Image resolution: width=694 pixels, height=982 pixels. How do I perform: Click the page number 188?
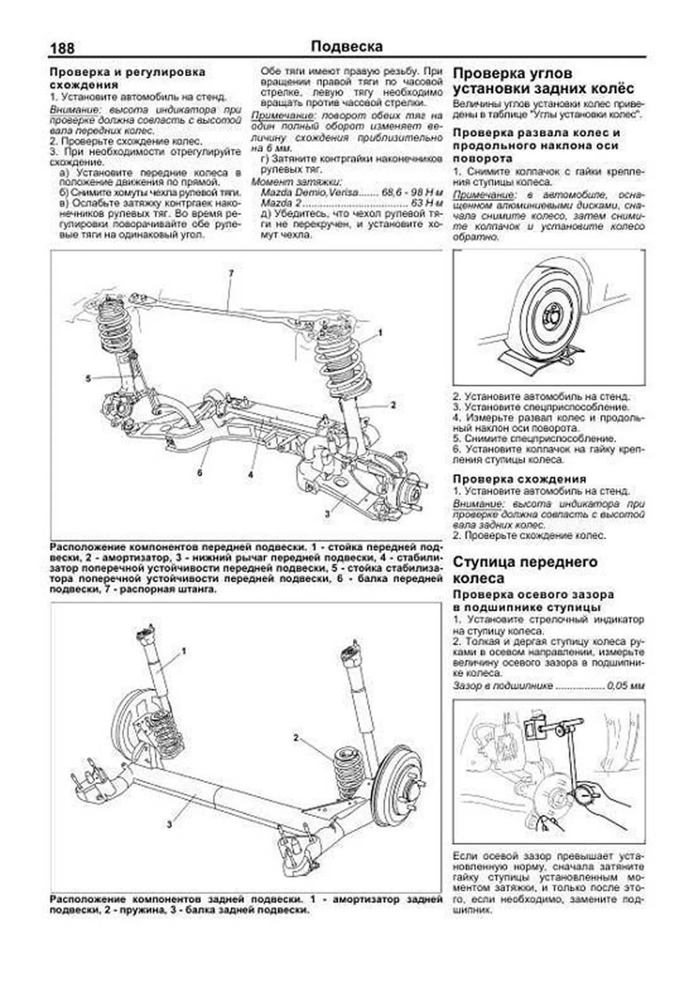(x=62, y=48)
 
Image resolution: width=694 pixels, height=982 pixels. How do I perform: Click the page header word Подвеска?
(x=346, y=46)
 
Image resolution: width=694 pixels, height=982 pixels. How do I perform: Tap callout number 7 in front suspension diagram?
(x=230, y=272)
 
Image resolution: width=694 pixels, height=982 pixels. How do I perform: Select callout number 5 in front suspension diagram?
(x=88, y=378)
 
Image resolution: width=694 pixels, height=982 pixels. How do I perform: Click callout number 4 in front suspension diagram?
(x=250, y=475)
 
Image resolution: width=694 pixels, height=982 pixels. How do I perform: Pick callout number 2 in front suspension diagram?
(x=393, y=405)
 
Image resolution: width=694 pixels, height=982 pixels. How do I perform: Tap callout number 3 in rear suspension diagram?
(x=169, y=824)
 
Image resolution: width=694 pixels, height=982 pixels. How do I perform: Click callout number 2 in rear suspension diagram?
(x=296, y=738)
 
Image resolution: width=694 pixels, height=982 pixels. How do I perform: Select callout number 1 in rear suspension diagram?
(x=183, y=651)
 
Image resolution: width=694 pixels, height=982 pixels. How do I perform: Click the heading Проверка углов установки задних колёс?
(x=543, y=81)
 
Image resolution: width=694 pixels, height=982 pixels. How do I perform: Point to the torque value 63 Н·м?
(x=429, y=204)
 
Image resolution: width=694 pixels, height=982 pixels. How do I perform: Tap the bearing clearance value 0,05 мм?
(x=625, y=686)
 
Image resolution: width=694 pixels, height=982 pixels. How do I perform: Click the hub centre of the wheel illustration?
(x=549, y=318)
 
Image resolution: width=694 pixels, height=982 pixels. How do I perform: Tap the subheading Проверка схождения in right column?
(x=519, y=479)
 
